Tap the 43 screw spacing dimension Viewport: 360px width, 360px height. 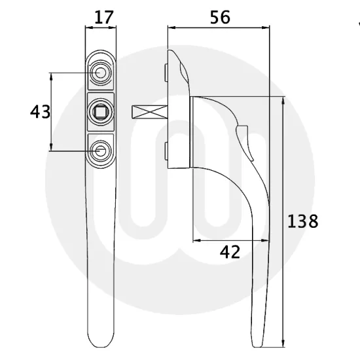click(x=40, y=112)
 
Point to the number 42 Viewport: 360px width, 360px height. click(x=230, y=251)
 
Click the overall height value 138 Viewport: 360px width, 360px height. click(x=302, y=221)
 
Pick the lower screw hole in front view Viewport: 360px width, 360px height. click(x=100, y=151)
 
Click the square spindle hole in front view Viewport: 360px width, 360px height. click(x=100, y=111)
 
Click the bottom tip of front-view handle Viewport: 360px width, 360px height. click(x=100, y=346)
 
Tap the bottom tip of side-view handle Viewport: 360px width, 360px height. click(x=261, y=345)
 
